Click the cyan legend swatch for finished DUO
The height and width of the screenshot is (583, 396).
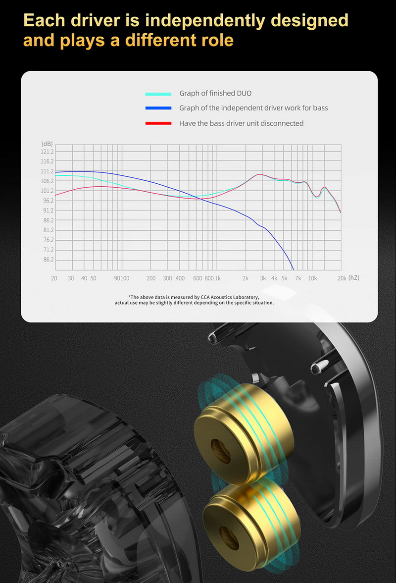[158, 94]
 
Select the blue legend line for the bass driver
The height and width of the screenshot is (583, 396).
[158, 108]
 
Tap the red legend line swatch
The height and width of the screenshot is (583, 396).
[158, 123]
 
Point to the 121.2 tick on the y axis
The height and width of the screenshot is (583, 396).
[47, 152]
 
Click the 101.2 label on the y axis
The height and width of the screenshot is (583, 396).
[47, 191]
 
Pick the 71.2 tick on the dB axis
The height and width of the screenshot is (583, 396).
[47, 250]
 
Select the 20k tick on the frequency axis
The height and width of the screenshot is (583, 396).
[342, 278]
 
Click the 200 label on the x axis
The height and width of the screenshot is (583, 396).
[151, 278]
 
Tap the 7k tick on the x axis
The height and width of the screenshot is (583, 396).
[298, 278]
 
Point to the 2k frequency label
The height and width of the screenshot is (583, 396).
[245, 278]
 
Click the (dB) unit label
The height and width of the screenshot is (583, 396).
[47, 144]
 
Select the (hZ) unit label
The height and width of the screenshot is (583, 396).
[354, 278]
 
